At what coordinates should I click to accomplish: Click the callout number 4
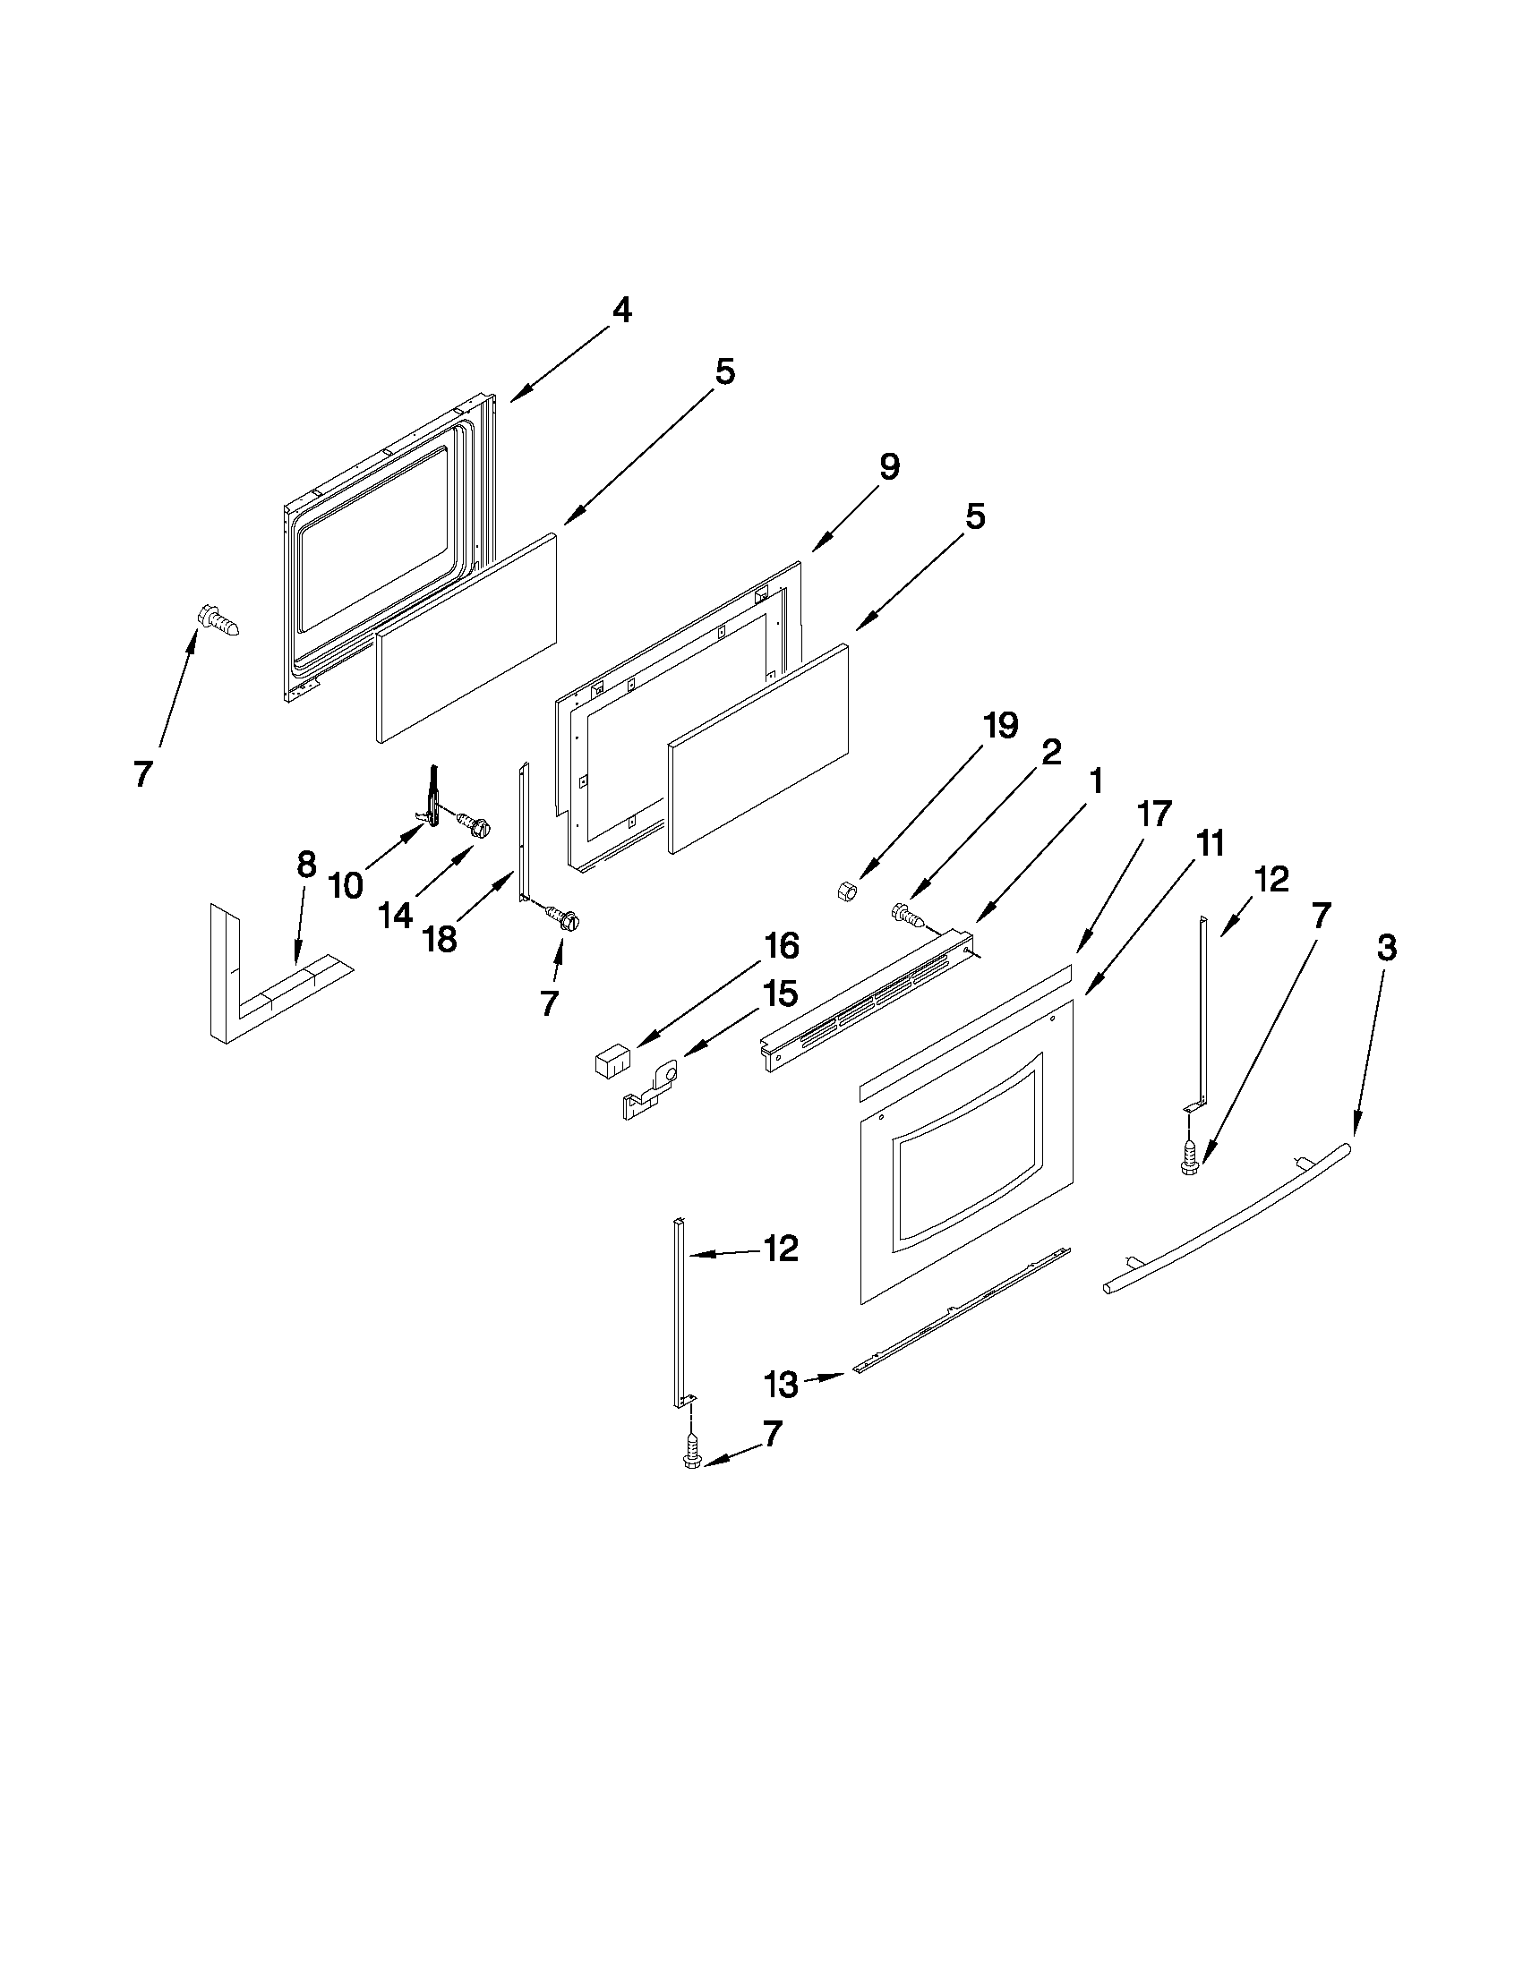tap(621, 311)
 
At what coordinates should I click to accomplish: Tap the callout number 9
tap(889, 467)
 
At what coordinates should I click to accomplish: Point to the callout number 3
tap(1387, 948)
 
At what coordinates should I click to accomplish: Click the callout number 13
tap(781, 1385)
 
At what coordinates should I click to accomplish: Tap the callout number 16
tap(782, 946)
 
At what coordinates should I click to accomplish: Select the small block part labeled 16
tap(611, 1058)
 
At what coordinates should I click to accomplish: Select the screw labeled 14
tap(475, 823)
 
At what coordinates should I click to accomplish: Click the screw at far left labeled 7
tap(219, 622)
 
